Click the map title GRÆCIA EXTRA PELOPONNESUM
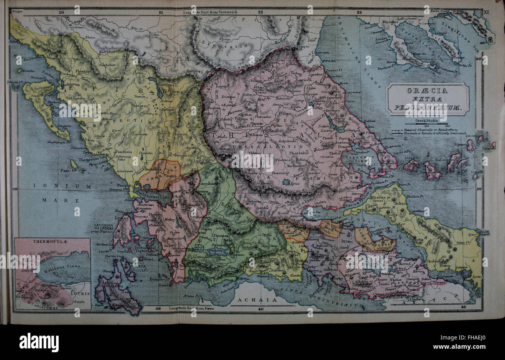point(427,99)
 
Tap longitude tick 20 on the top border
point(61,12)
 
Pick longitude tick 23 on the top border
point(359,12)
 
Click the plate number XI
point(484,12)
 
